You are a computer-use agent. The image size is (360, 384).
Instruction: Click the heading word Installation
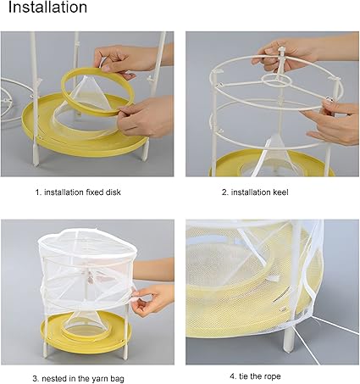coord(47,7)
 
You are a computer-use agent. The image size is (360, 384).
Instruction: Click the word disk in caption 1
coord(114,192)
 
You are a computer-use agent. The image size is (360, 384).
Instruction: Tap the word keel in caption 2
coord(280,192)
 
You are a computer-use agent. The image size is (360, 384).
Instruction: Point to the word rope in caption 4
coord(273,376)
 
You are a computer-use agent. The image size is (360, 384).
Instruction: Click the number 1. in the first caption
coord(39,192)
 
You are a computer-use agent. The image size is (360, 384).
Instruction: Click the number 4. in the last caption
coord(233,376)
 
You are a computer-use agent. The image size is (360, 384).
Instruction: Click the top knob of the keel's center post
coord(281,51)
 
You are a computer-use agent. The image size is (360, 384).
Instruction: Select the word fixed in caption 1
coord(94,192)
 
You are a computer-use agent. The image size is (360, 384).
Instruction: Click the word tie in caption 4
coord(243,376)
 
